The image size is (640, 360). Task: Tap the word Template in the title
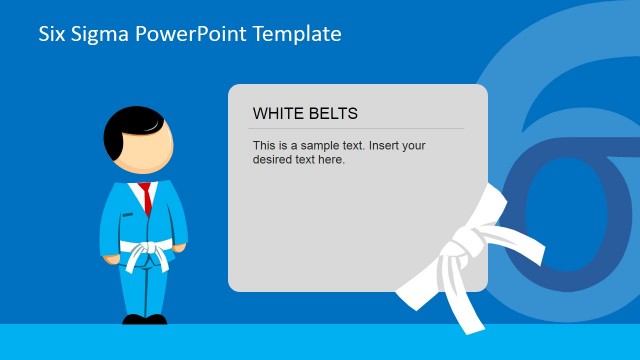[297, 34]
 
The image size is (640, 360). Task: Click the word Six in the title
[52, 34]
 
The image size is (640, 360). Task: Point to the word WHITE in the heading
[277, 114]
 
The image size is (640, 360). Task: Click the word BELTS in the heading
[332, 114]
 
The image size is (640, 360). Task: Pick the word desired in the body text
[275, 159]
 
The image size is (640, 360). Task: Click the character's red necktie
[146, 196]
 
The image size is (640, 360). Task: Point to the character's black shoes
[144, 320]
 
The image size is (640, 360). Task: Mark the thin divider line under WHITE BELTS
[356, 128]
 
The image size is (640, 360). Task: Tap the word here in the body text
[330, 159]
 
